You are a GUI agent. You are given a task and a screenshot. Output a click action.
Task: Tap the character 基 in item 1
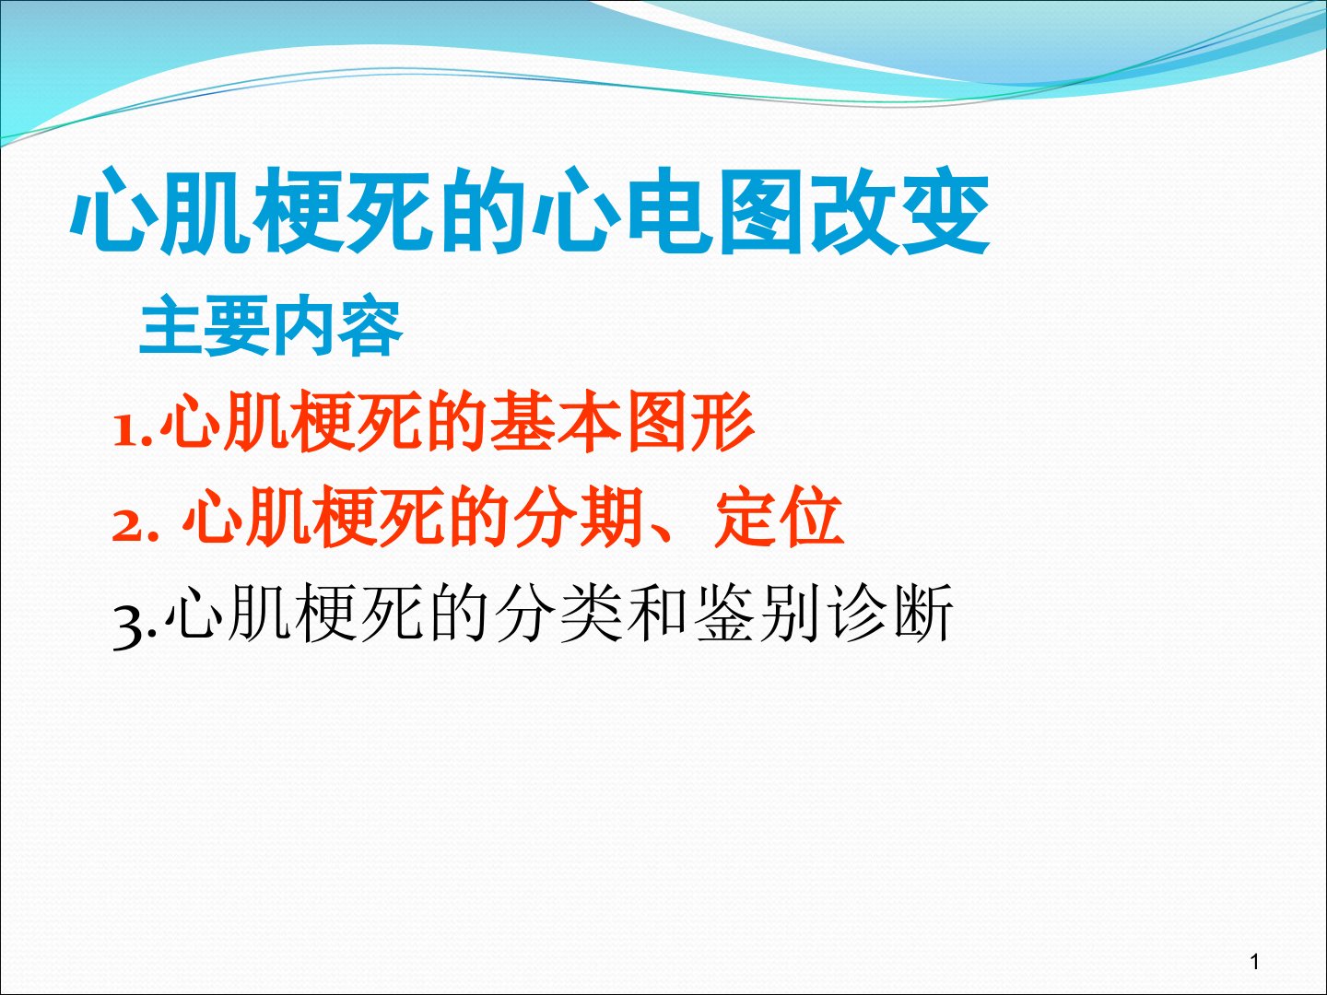coord(523,421)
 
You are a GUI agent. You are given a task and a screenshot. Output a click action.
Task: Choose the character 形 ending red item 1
coord(723,421)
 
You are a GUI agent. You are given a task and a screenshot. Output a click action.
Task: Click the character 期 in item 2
coord(610,517)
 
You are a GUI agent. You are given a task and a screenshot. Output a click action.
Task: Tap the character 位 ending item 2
coord(812,517)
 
